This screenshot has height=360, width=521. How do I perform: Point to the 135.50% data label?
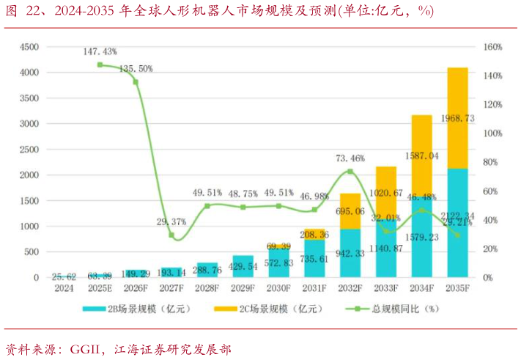[x=136, y=68]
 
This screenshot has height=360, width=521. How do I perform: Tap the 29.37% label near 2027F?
[x=171, y=221]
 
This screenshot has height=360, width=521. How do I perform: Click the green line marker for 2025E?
[x=100, y=65]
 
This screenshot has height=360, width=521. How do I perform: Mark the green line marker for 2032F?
[x=350, y=172]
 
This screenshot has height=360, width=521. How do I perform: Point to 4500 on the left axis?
[x=29, y=47]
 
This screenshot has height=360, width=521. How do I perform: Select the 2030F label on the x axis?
[x=279, y=289]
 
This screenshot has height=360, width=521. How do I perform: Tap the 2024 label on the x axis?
[x=64, y=289]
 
